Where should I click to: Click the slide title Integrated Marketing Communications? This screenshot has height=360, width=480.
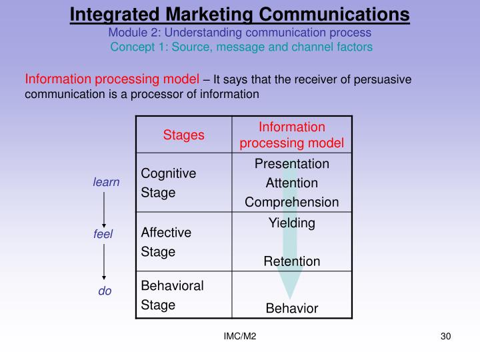pos(240,13)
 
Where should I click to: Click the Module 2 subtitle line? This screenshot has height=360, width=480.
pos(240,32)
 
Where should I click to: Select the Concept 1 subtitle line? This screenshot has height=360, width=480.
pos(241,47)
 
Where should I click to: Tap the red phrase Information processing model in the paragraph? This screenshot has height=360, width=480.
pos(112,80)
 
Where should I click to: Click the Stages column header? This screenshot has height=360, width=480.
pos(183,135)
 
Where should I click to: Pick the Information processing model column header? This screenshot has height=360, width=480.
pos(292,135)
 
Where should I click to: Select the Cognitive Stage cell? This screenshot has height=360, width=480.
pos(168,183)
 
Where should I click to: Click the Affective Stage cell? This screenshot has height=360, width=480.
pos(166,242)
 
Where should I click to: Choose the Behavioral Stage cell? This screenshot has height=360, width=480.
pos(172,295)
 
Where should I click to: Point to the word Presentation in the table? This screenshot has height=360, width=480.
pos(292,164)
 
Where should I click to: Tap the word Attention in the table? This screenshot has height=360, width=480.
pos(292,183)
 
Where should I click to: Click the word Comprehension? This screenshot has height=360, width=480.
pos(292,201)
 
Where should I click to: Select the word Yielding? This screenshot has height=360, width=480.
pos(292,223)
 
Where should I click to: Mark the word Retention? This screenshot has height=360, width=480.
pos(292,261)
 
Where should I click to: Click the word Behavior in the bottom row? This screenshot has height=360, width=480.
pos(292,308)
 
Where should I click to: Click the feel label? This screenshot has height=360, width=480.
pos(103,234)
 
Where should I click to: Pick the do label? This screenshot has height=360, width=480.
pos(105,291)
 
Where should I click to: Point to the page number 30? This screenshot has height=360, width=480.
pos(446,337)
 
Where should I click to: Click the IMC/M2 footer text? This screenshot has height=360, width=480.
pos(240,337)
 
